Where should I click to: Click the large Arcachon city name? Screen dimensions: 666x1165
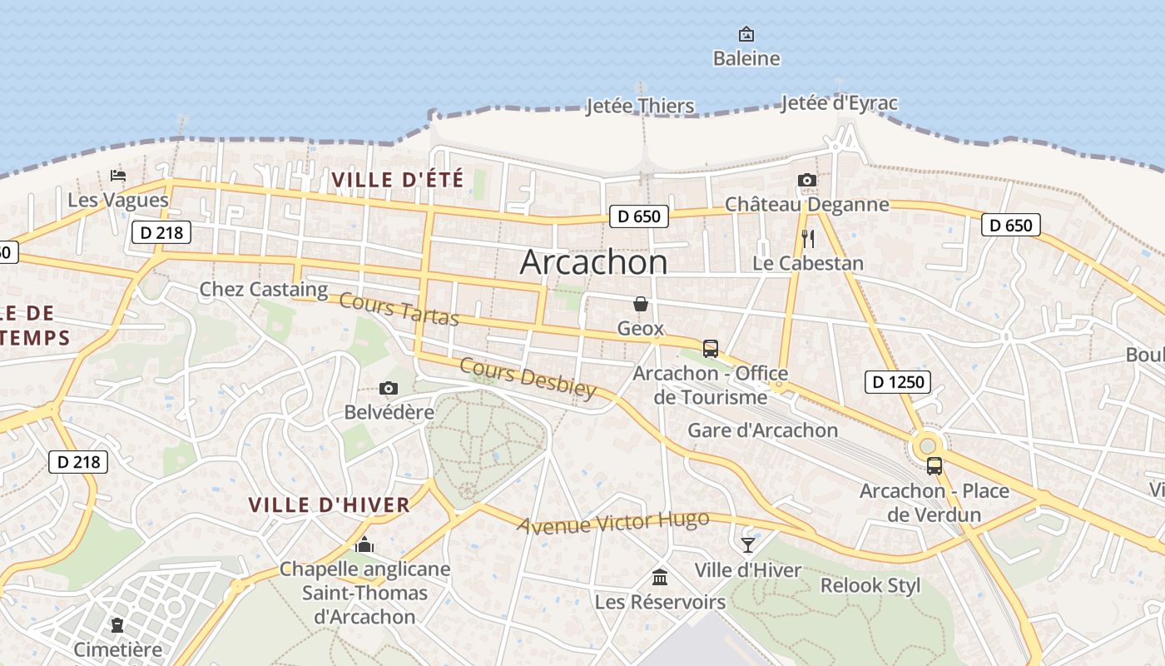593,262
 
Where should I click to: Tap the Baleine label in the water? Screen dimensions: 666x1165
746,58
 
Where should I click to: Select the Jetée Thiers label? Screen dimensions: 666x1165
640,106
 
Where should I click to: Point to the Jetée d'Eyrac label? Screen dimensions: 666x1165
839,103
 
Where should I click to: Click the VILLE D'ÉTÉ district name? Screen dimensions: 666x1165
397,179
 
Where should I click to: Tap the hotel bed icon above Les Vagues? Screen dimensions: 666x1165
118,176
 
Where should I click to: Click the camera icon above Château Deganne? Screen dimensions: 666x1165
806,180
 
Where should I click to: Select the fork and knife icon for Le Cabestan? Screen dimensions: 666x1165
807,239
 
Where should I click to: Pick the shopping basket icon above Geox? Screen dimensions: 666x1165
641,304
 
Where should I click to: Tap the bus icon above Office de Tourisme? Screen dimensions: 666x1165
710,348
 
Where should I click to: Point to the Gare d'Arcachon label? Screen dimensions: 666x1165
762,430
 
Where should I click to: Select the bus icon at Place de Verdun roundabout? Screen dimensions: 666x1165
934,466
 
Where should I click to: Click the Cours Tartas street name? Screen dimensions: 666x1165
399,310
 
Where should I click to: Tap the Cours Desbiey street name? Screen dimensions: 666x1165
528,378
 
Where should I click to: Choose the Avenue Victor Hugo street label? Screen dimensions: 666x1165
613,522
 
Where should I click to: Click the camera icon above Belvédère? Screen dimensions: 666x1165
388,388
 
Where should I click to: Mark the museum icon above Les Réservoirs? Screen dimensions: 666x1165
660,577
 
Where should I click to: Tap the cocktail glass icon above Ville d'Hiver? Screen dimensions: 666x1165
748,545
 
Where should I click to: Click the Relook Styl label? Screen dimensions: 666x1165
870,585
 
